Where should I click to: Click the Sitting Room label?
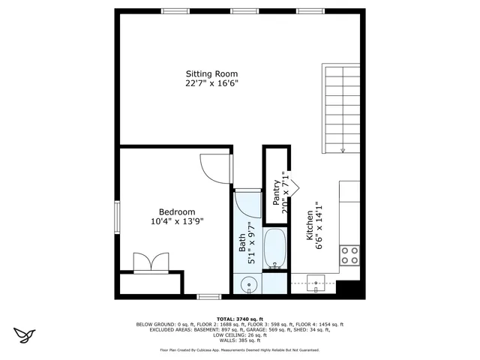coord(211,73)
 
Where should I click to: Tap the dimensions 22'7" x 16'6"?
coord(211,84)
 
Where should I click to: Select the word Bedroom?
coord(177,211)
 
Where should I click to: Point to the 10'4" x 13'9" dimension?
coord(177,221)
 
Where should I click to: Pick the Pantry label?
coord(276,193)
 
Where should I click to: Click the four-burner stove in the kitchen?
coord(349,255)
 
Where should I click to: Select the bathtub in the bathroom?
coord(275,250)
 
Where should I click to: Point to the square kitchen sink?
coord(316,283)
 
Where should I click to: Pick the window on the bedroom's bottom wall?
coord(209,296)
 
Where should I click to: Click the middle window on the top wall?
coord(241,11)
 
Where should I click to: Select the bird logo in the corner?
coord(25,333)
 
